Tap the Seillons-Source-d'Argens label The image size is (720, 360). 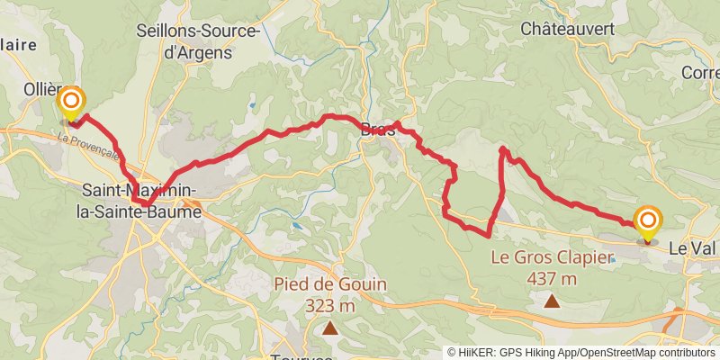(x=197, y=40)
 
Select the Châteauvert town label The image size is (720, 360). (x=568, y=29)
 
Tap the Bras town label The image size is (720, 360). (x=378, y=129)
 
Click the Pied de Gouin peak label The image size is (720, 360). (x=331, y=284)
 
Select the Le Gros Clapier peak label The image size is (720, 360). (x=551, y=257)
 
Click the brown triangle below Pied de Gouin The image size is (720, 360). (x=331, y=328)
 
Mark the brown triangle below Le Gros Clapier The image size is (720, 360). (x=551, y=301)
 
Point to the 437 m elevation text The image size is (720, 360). (x=551, y=278)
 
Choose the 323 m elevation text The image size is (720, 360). (x=331, y=305)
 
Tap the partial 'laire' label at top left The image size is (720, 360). (x=18, y=44)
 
